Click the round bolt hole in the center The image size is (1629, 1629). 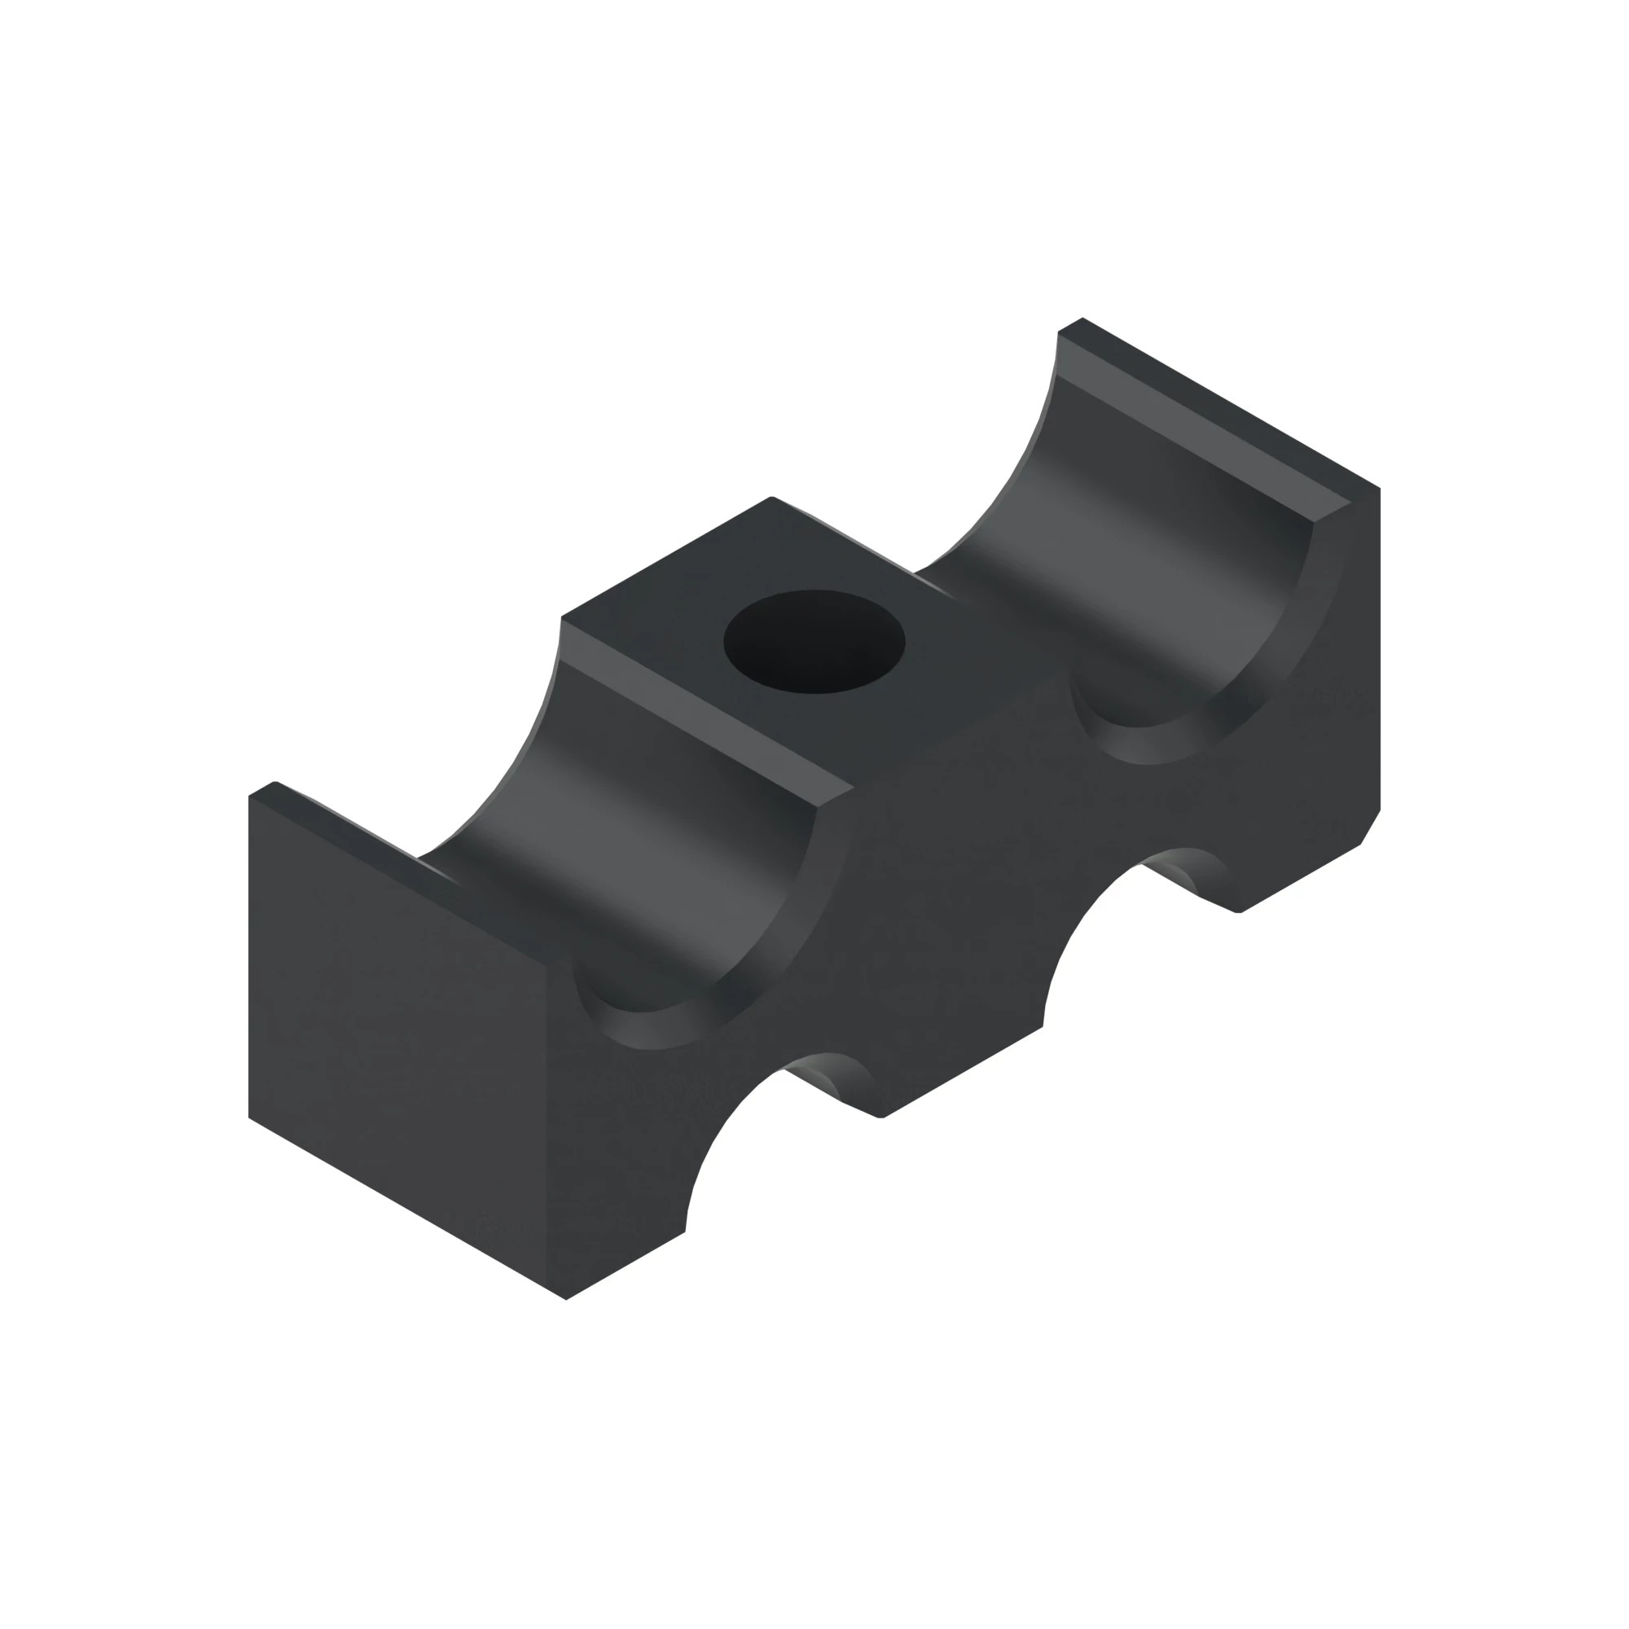click(814, 642)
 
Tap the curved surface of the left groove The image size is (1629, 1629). click(641, 852)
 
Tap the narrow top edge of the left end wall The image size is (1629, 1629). click(354, 831)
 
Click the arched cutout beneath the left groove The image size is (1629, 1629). click(759, 1122)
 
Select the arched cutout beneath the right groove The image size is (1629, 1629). click(1113, 919)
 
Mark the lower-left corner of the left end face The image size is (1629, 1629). click(249, 1117)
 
